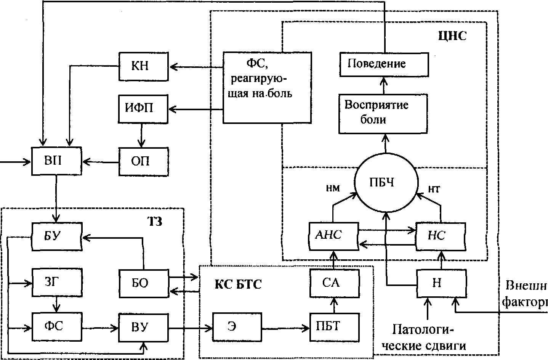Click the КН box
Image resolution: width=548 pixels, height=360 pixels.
click(x=143, y=67)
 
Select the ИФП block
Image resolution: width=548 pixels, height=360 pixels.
click(x=143, y=108)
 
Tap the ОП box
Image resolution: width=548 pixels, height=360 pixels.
click(x=143, y=161)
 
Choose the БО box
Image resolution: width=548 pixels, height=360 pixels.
click(x=143, y=283)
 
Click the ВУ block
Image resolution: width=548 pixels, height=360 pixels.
click(x=143, y=328)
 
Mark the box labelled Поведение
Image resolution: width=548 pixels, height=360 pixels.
click(x=384, y=64)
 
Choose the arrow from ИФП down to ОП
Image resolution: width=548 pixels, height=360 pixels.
click(x=142, y=134)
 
